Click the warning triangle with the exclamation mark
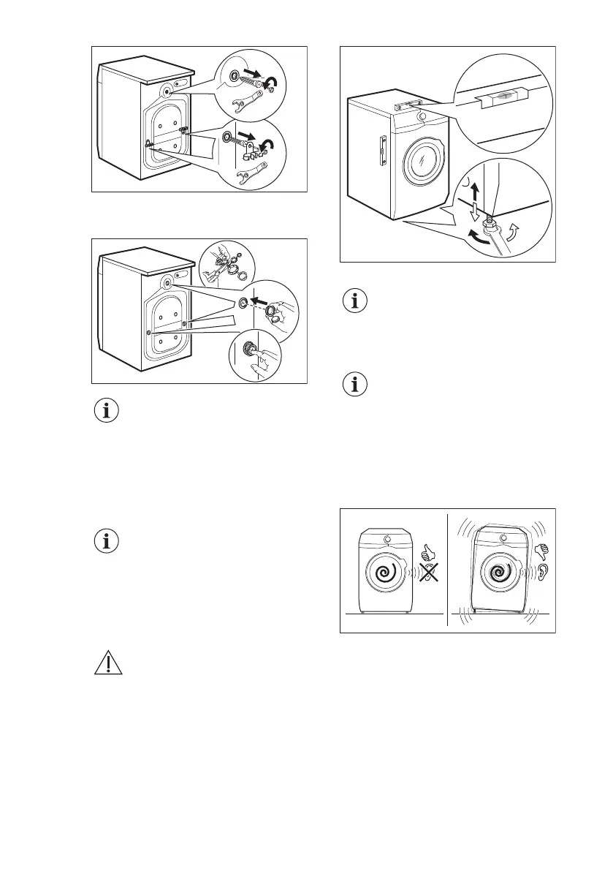107,663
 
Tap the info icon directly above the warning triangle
107,543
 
